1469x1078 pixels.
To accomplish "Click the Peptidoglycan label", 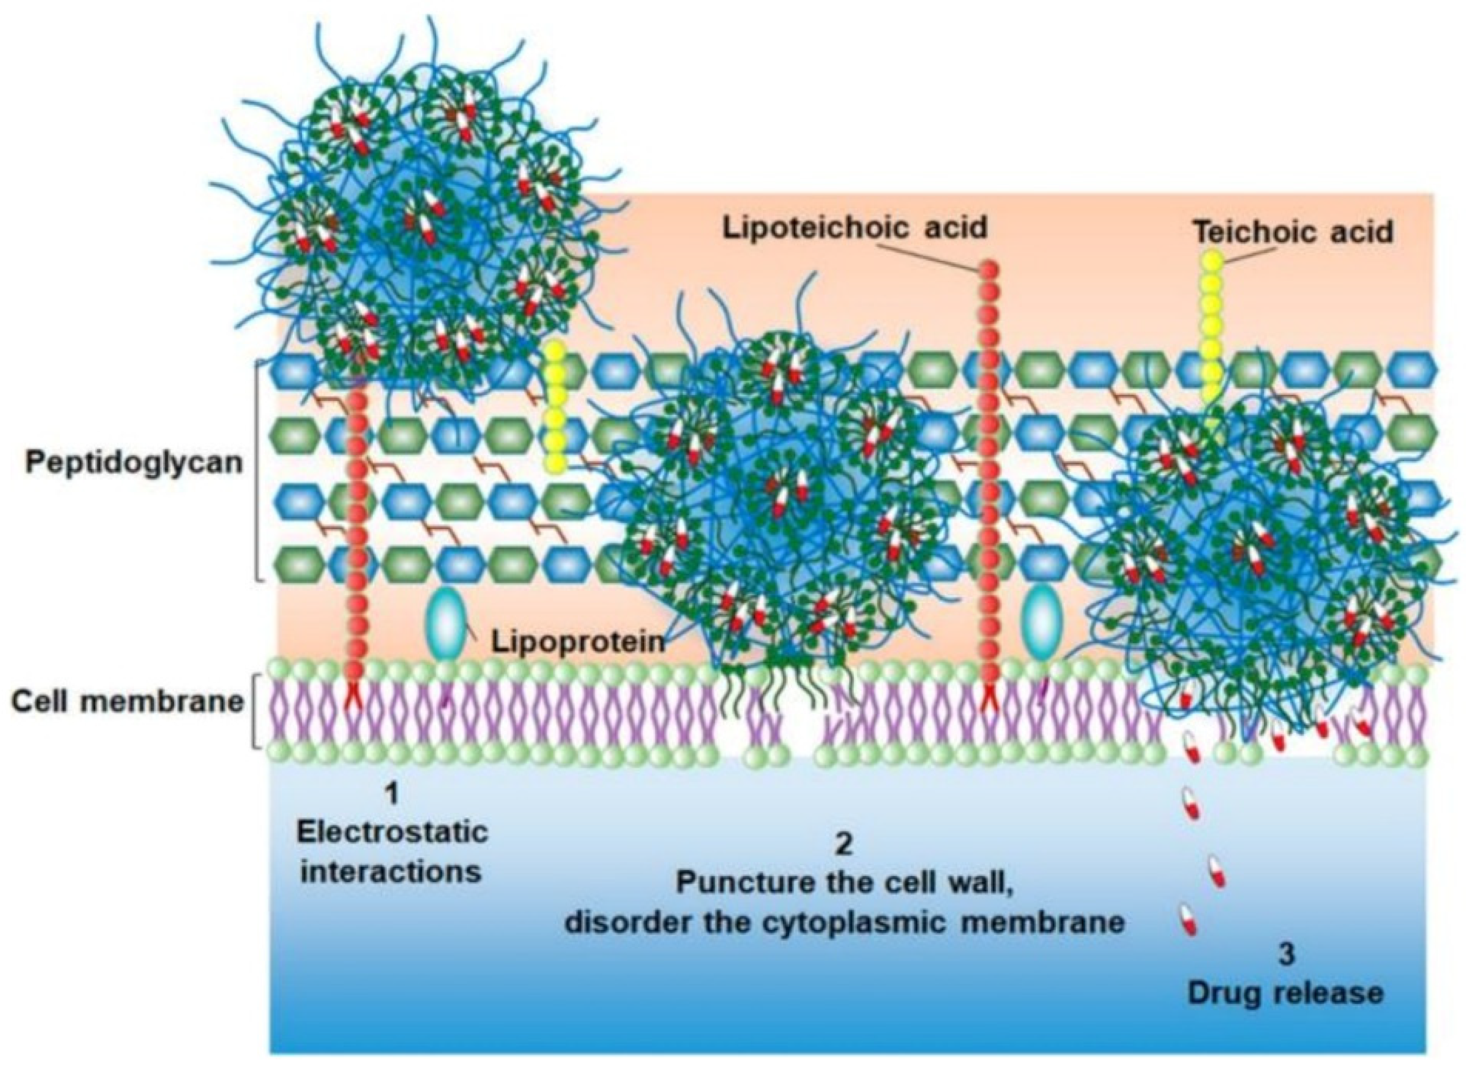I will [x=134, y=462].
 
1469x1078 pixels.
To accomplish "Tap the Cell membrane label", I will [x=127, y=702].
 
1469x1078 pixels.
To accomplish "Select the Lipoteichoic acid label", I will [x=854, y=229].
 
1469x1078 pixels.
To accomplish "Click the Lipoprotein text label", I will [x=578, y=642].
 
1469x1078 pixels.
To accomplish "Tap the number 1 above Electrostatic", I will [x=391, y=794].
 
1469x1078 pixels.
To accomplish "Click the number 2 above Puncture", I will [x=844, y=845].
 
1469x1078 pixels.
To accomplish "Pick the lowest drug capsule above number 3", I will [x=1188, y=919].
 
